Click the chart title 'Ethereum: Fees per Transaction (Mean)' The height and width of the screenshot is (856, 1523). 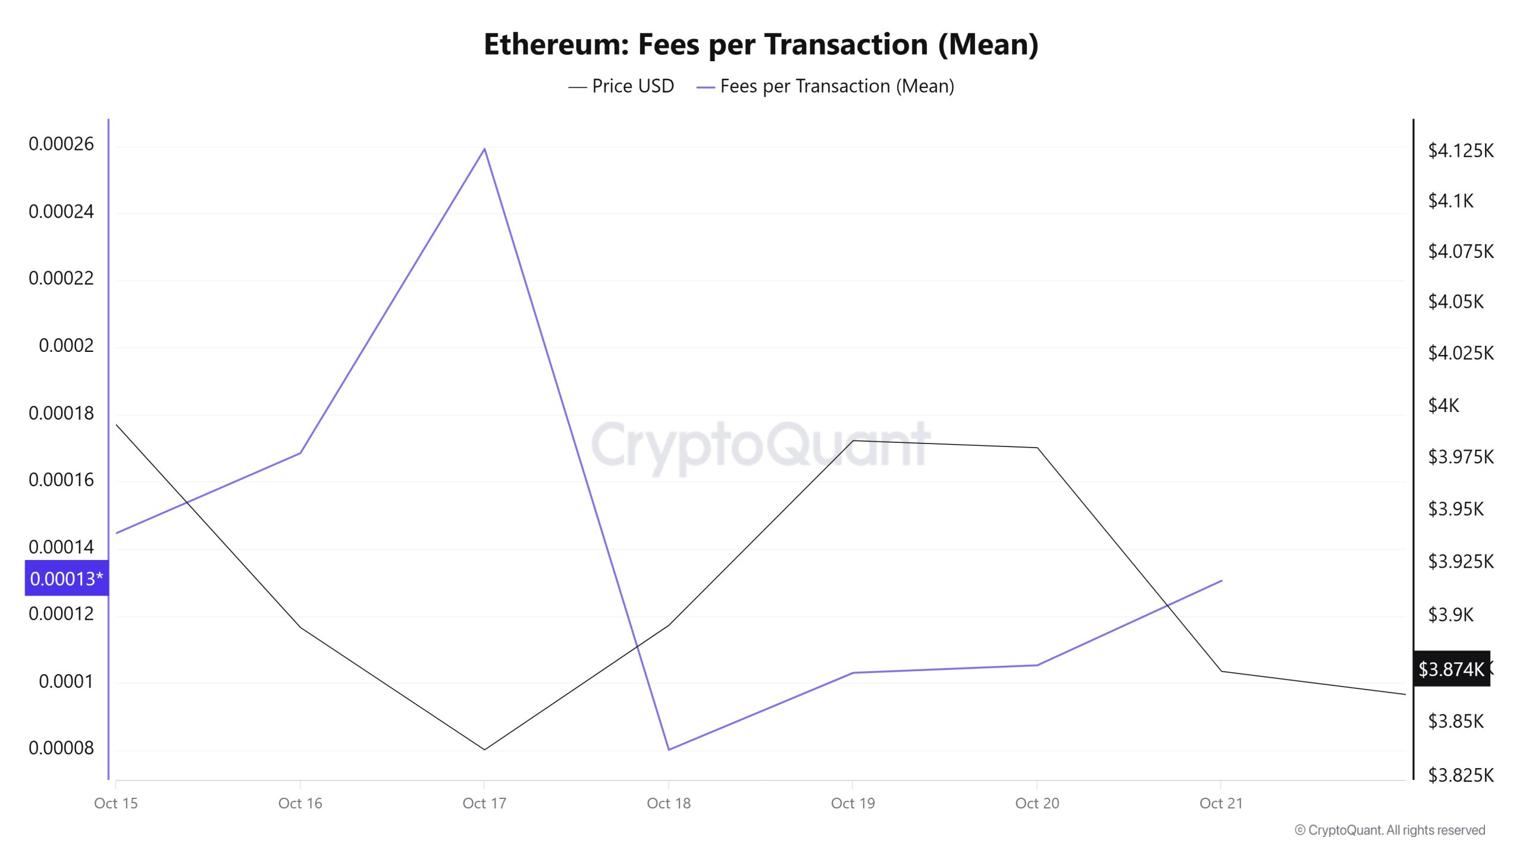point(761,45)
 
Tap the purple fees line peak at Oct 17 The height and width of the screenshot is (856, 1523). point(485,149)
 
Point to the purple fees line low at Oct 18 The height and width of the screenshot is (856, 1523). point(669,749)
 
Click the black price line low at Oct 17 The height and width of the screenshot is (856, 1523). point(484,749)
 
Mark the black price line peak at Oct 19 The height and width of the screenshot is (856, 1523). point(853,440)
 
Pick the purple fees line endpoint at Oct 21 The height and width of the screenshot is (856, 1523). point(1221,581)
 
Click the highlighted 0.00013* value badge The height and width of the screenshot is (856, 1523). point(66,578)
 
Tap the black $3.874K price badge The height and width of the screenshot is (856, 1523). point(1451,669)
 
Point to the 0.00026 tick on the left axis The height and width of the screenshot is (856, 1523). point(61,144)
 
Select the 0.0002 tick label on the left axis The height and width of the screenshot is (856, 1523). point(66,345)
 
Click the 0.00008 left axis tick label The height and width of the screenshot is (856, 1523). point(61,748)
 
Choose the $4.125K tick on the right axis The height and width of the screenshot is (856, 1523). point(1461,150)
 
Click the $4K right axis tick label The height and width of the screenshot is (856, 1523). point(1444,405)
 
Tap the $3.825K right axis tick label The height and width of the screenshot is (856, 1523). point(1461,775)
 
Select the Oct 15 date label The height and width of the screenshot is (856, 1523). point(116,803)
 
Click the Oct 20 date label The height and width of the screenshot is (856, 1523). point(1037,803)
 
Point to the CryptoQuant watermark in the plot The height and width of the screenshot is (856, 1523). point(760,445)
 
